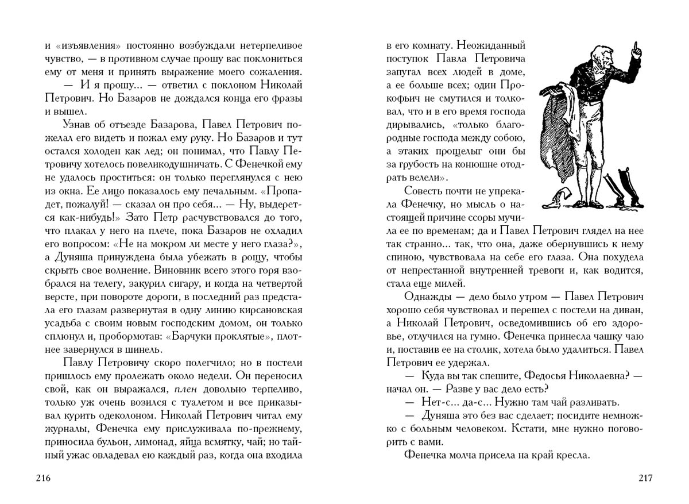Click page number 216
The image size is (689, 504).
(x=44, y=478)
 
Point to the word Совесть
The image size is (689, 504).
(x=425, y=191)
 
